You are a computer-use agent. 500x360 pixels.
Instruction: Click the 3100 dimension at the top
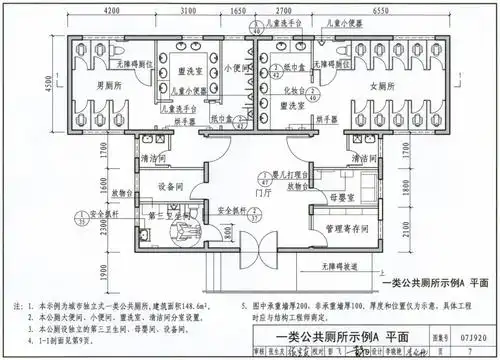click(x=189, y=9)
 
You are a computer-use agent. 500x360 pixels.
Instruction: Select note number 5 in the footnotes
click(x=243, y=299)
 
